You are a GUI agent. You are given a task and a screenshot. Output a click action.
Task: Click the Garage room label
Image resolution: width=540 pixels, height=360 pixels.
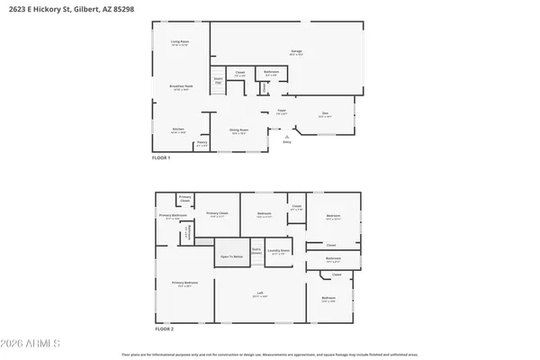point(295,51)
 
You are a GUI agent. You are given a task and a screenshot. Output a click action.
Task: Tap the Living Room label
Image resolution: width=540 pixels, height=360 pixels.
point(180,42)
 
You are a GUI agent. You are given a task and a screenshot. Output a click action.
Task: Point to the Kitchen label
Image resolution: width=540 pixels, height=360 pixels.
point(178,130)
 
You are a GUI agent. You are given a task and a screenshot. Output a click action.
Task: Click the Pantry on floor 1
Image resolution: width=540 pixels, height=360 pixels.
point(202,142)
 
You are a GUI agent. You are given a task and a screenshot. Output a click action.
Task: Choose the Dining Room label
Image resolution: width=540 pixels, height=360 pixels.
point(238,131)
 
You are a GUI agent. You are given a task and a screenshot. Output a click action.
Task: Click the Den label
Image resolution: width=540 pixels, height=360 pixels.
point(325,114)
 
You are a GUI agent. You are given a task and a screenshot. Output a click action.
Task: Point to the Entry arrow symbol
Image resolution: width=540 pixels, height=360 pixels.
point(287,136)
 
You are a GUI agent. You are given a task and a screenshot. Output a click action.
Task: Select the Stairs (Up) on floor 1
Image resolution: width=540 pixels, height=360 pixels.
point(216,80)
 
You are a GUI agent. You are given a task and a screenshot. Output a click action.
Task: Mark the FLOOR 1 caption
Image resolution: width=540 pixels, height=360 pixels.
point(163,158)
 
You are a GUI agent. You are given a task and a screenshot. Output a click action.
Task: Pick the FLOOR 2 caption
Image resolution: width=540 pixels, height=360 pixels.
point(163,329)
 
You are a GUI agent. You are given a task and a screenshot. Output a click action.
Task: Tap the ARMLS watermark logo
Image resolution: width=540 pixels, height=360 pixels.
point(31,344)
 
